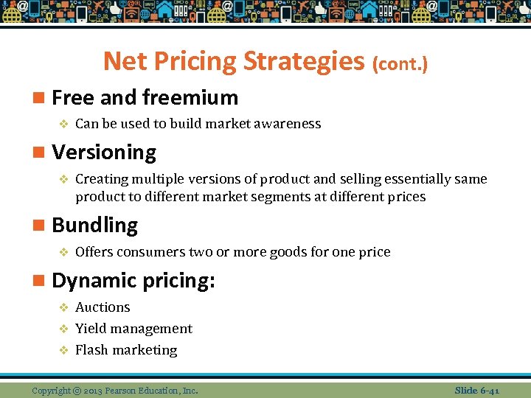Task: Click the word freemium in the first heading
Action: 190,97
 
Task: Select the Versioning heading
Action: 104,153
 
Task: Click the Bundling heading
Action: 94,226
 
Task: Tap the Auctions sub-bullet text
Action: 103,307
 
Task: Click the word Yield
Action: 90,329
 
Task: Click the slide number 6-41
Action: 487,390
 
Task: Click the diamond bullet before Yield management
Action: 63,329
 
